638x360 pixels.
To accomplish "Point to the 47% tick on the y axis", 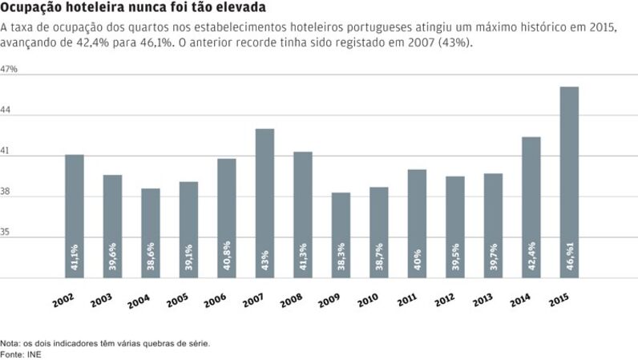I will coord(10,70).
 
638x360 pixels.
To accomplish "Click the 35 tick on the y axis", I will coord(7,233).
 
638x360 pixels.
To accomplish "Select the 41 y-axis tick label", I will coord(6,151).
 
